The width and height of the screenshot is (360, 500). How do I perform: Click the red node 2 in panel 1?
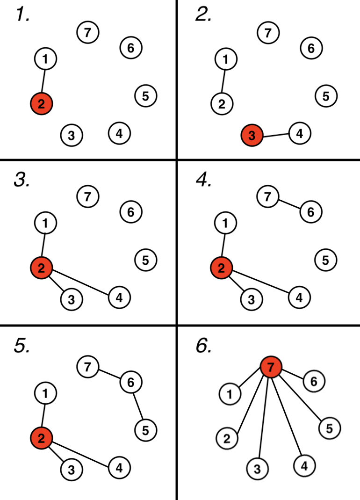click(x=42, y=104)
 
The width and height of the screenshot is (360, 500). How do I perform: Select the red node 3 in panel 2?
click(x=252, y=136)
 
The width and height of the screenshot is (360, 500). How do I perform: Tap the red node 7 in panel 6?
click(x=271, y=368)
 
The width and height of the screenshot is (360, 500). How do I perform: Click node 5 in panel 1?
click(x=145, y=96)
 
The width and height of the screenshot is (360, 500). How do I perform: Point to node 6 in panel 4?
click(x=311, y=212)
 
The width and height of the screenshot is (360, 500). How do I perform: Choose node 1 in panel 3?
click(x=45, y=223)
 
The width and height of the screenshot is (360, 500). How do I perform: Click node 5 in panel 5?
click(x=145, y=428)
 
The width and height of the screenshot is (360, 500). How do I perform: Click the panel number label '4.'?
click(x=203, y=179)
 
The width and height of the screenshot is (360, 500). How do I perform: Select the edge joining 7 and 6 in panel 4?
click(x=289, y=204)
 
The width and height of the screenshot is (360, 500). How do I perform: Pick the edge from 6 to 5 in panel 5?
click(x=138, y=406)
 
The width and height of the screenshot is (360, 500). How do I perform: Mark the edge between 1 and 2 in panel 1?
click(x=43, y=81)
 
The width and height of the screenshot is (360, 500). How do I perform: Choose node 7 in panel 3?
click(x=87, y=196)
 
